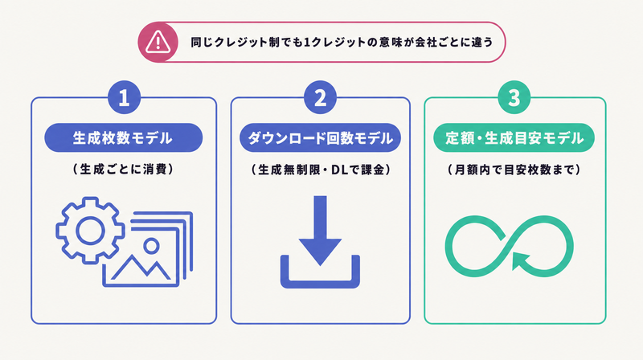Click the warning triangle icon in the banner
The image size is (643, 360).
click(158, 42)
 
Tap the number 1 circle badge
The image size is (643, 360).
click(124, 97)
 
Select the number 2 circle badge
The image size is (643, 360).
click(320, 97)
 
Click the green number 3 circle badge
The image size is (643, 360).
click(514, 97)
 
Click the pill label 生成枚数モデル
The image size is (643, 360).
click(124, 137)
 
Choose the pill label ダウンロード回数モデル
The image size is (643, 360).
click(320, 137)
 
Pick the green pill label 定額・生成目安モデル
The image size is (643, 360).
click(514, 137)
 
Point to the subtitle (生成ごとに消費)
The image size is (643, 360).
click(124, 169)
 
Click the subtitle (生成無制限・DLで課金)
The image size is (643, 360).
click(320, 170)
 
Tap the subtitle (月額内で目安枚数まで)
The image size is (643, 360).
click(514, 170)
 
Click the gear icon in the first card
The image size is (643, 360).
click(90, 230)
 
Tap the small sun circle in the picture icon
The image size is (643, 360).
click(151, 246)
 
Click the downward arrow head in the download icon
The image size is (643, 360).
click(320, 251)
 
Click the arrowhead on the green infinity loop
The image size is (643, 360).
click(520, 261)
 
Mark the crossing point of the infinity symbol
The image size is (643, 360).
click(509, 246)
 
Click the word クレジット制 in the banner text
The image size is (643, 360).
click(247, 43)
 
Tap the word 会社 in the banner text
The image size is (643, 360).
click(426, 43)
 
